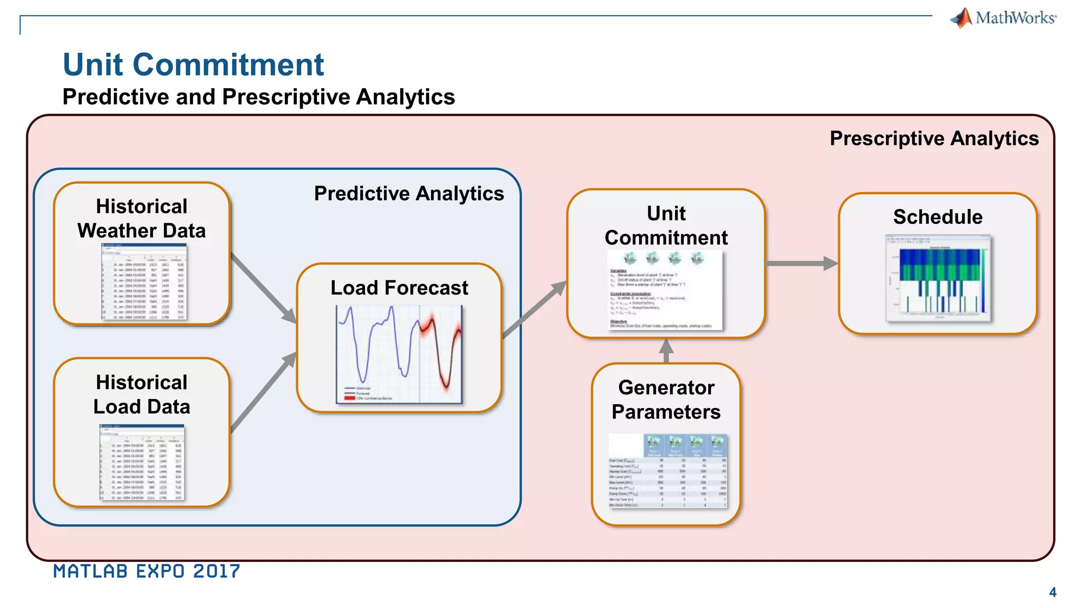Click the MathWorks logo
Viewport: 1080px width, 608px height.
tap(1003, 18)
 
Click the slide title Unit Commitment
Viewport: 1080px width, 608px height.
tap(193, 64)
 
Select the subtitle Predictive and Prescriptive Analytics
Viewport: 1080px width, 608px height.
tap(258, 97)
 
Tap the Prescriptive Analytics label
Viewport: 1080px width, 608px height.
tap(934, 138)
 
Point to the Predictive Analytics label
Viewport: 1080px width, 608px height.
tap(409, 194)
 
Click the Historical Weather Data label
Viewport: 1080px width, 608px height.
tap(141, 218)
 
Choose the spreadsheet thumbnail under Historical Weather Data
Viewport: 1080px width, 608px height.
tap(143, 282)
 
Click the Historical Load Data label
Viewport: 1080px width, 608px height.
tap(141, 394)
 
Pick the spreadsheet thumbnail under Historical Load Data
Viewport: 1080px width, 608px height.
tap(142, 463)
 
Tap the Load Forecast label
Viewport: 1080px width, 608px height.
tap(399, 288)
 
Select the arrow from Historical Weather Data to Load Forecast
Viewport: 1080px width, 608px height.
tap(264, 288)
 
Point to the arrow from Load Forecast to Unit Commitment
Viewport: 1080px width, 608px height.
tap(534, 310)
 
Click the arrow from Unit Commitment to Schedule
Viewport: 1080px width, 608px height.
tap(801, 263)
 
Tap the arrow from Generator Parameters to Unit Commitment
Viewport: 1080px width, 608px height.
tap(667, 350)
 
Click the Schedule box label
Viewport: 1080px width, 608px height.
tap(938, 217)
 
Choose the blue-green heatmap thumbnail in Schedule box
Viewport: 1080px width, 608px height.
tap(938, 278)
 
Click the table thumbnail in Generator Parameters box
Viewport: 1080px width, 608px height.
tap(668, 471)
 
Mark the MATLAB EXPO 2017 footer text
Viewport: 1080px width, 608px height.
tap(147, 572)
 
